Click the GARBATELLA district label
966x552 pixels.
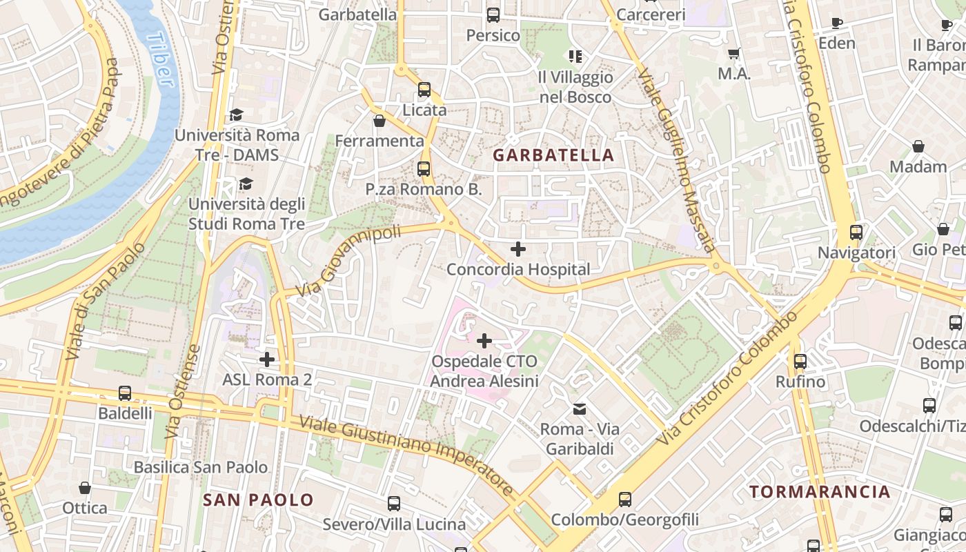click(x=553, y=155)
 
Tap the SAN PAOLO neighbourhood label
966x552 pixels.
click(x=258, y=500)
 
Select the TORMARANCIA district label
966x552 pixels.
click(x=820, y=492)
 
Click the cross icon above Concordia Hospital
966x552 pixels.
click(x=518, y=249)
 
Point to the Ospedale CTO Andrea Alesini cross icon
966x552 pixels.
click(x=484, y=340)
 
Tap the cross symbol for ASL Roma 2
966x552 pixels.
click(x=267, y=359)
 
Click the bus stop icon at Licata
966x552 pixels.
click(x=424, y=90)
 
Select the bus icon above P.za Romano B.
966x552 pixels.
click(x=424, y=168)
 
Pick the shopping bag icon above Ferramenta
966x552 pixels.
click(x=379, y=121)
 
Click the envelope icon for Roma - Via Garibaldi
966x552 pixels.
click(x=580, y=409)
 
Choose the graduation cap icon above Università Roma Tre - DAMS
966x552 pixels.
click(x=237, y=115)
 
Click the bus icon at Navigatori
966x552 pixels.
click(x=856, y=233)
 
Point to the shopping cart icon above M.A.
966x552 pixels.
click(x=734, y=54)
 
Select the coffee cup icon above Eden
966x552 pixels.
click(x=837, y=23)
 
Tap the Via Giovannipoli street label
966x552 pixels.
click(x=348, y=261)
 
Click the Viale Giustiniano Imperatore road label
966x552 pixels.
click(x=407, y=455)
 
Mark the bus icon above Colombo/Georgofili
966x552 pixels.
click(x=625, y=499)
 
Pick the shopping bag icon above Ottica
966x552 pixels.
click(x=85, y=488)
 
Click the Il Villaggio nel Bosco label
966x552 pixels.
click(x=575, y=87)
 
